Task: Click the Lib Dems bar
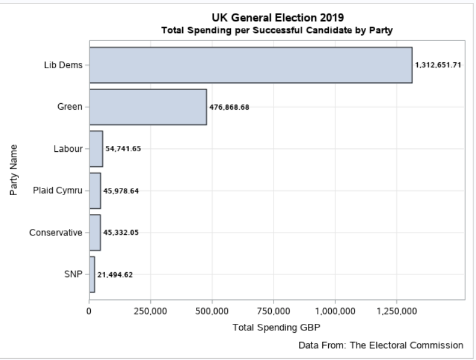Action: [250, 65]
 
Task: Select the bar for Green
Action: [148, 107]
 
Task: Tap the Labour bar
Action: [96, 149]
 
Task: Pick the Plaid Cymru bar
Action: [94, 191]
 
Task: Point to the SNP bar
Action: [91, 275]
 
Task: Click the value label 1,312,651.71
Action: [438, 65]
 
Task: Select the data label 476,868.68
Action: [233, 107]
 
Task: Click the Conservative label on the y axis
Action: [55, 232]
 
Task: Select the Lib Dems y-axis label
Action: [66, 65]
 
